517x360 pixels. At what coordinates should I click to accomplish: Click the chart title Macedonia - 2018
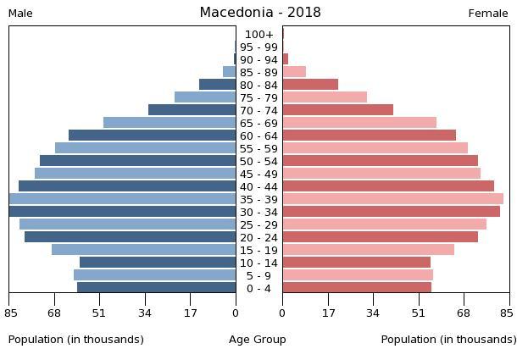260,13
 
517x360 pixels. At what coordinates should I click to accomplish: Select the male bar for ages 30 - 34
123,212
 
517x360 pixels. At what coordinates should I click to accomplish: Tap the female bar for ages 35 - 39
392,199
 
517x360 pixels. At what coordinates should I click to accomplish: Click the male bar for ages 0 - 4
157,288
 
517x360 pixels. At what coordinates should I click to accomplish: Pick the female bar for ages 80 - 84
310,85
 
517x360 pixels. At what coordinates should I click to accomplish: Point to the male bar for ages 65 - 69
170,123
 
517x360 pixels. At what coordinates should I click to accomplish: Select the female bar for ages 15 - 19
368,250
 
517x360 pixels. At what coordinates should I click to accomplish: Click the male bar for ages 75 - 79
205,97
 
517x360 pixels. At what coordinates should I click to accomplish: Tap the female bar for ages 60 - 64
369,136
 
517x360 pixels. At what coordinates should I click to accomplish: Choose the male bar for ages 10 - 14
158,263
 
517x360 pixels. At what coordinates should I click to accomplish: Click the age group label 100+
259,35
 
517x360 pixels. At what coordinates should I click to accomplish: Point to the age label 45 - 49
259,174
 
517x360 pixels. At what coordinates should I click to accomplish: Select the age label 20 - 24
259,238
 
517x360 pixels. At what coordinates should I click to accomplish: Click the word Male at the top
20,14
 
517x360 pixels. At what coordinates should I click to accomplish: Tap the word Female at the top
488,14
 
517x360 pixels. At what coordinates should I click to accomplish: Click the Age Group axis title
258,340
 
